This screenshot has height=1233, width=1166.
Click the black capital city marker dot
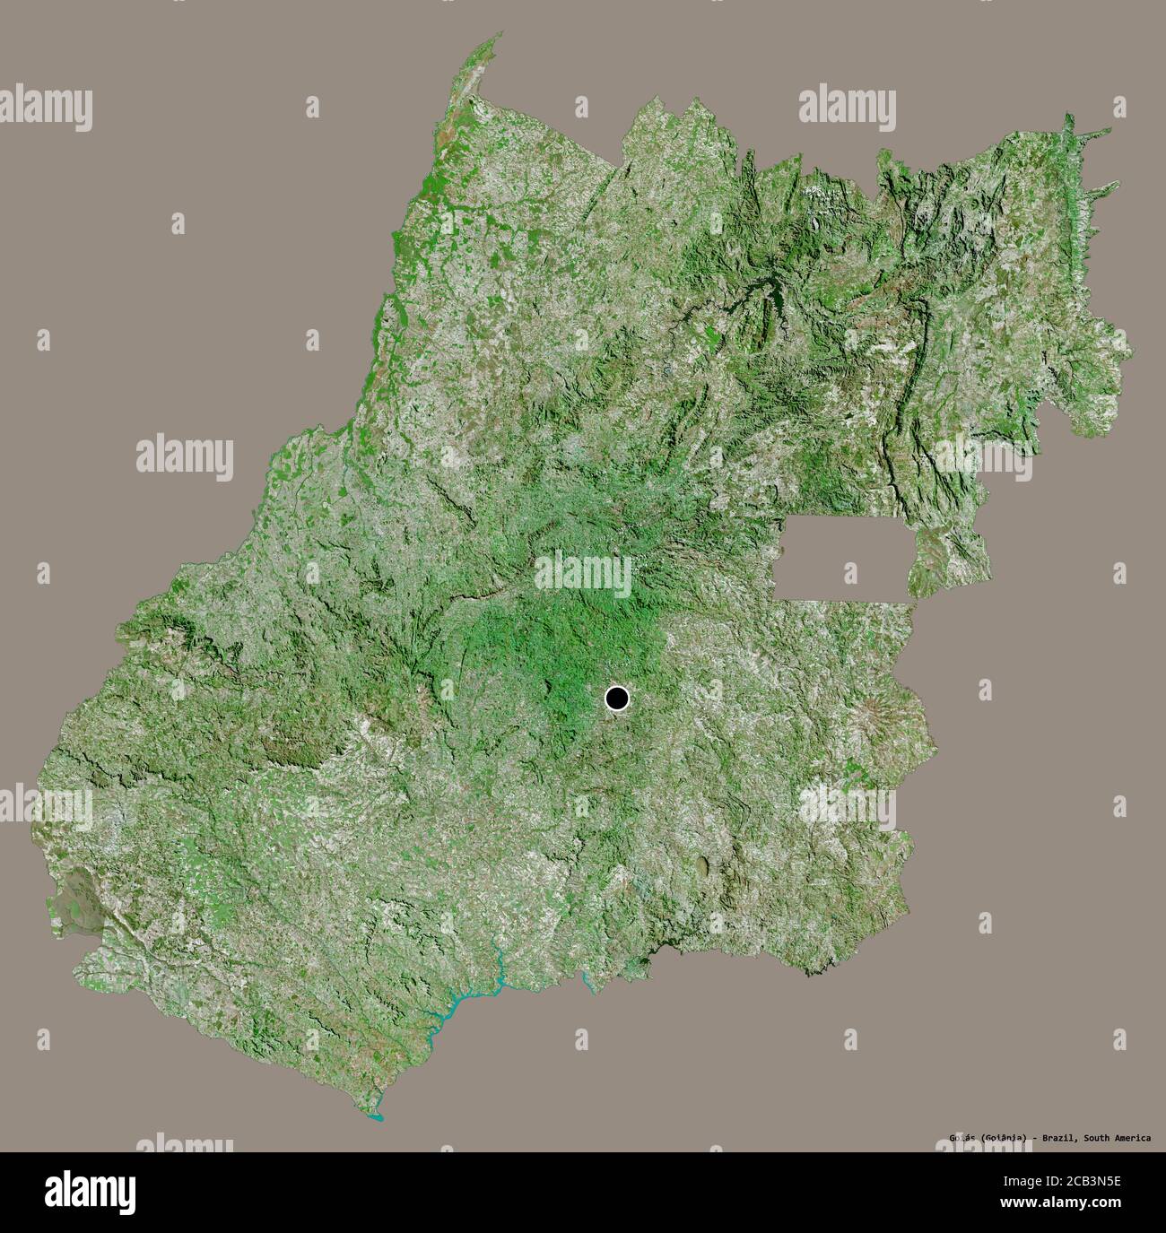coord(617,698)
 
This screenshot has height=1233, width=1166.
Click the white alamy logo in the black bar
coord(90,1192)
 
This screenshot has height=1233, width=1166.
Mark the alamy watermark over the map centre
coord(583,572)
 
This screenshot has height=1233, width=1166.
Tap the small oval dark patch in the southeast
coord(701,865)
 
